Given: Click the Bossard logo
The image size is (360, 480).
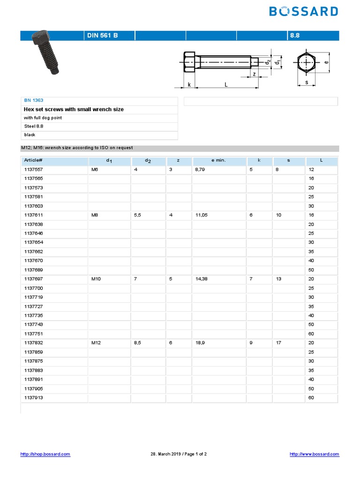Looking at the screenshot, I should [303, 11].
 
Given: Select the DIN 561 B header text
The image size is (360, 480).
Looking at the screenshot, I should [99, 36].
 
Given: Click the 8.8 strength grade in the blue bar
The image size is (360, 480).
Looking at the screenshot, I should [295, 36].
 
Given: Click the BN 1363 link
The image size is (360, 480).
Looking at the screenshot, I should [33, 100].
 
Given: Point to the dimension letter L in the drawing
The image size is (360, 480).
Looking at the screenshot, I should [226, 84].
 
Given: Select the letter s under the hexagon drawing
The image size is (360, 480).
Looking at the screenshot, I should [307, 82].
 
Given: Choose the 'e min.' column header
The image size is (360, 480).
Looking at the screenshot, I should [218, 160].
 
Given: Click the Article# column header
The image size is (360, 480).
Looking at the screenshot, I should [33, 160].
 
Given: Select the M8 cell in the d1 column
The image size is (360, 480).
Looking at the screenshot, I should [95, 215].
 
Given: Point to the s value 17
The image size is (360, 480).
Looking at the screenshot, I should [279, 343].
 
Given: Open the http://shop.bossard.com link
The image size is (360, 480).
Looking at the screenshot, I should [45, 454].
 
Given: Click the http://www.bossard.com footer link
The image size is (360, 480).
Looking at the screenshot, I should [314, 454].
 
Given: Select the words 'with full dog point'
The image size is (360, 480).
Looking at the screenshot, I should [43, 118].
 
